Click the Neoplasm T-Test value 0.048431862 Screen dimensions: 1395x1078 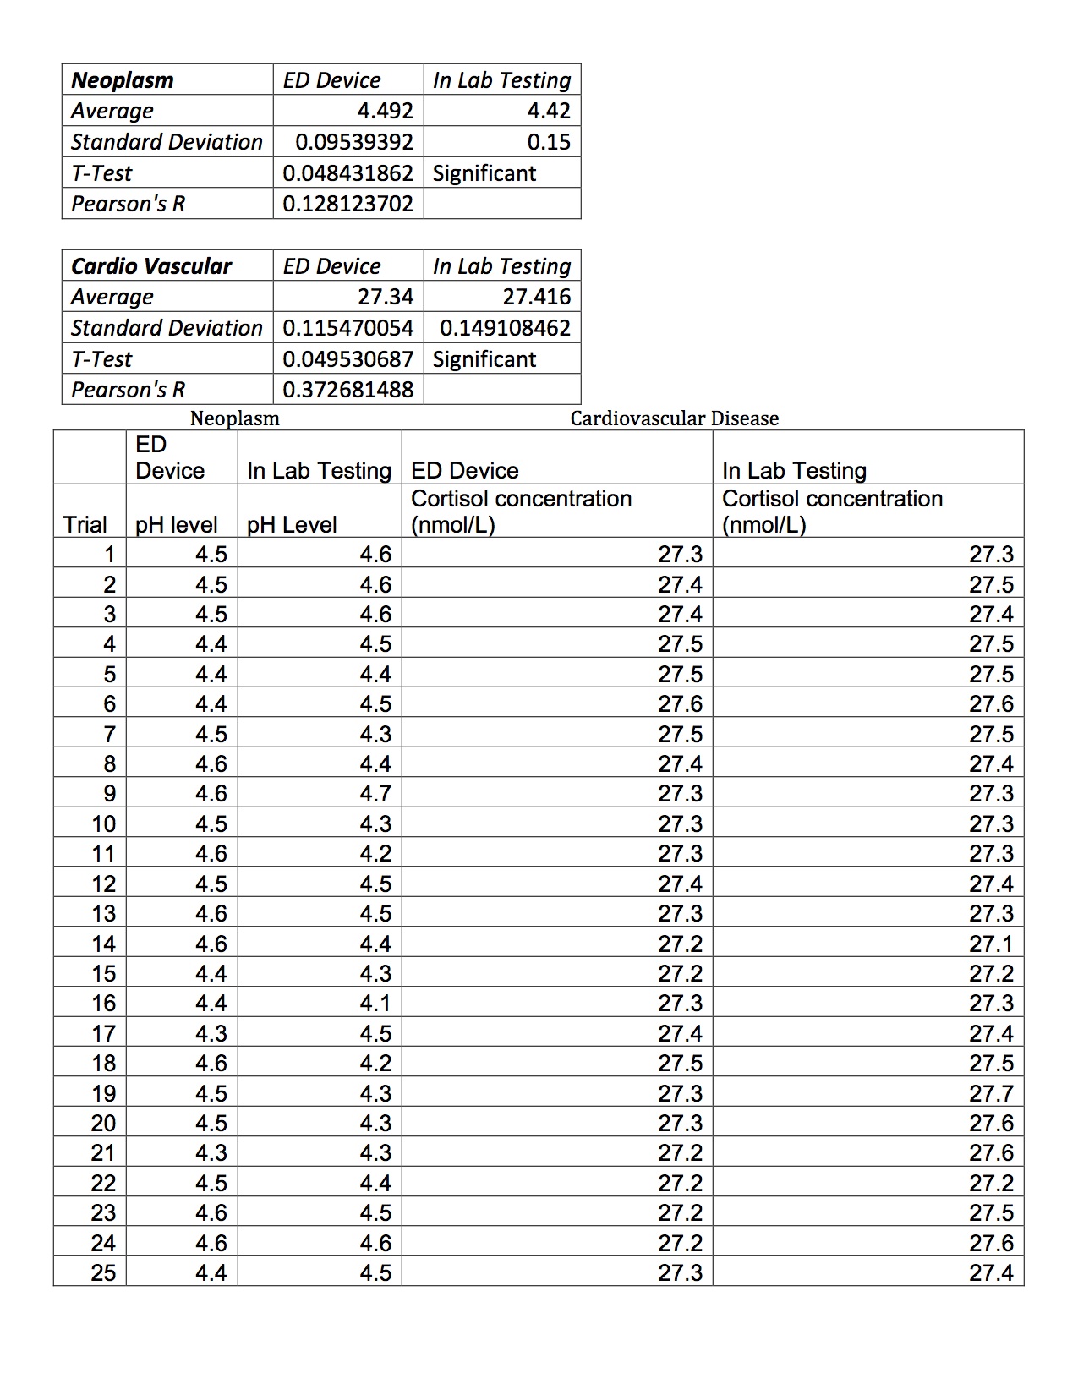[347, 173]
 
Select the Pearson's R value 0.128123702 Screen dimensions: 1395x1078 [347, 204]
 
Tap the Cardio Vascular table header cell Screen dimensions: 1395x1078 [151, 266]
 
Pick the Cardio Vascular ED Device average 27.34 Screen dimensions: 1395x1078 [386, 297]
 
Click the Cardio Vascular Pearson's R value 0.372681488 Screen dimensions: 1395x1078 [347, 390]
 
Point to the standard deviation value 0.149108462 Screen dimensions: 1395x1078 [505, 328]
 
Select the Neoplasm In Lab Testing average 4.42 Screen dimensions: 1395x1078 [549, 111]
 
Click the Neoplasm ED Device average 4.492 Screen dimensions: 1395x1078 [386, 111]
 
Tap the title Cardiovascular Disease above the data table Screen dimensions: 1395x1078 [674, 418]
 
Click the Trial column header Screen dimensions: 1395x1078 [85, 525]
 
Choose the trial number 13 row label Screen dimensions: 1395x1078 [103, 914]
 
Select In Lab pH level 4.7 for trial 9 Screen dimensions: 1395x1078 [375, 794]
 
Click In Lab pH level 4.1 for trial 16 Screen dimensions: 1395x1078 [375, 1004]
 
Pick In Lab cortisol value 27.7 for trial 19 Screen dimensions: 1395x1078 [991, 1094]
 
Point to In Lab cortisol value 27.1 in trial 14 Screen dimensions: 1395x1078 [991, 944]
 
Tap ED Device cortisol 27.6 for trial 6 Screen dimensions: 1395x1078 [680, 704]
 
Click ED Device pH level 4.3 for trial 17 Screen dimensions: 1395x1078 [211, 1034]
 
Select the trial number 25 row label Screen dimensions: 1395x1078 [103, 1273]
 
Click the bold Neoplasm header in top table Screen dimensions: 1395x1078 [123, 80]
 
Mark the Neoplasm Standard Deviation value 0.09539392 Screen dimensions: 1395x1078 [354, 142]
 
